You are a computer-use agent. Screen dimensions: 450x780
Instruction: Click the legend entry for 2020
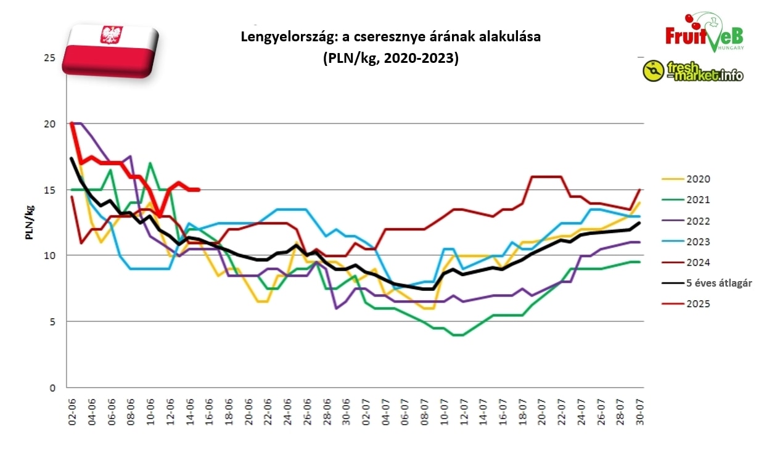click(x=697, y=179)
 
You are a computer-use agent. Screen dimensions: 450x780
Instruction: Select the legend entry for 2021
click(x=697, y=200)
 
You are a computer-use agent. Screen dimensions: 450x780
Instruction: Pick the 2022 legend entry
click(x=697, y=221)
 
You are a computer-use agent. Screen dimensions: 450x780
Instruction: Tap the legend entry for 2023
click(x=697, y=242)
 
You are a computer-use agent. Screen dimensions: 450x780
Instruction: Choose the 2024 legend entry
click(x=697, y=263)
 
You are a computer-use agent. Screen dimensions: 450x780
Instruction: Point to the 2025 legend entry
click(x=697, y=304)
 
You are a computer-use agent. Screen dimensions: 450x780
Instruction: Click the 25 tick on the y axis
click(x=49, y=58)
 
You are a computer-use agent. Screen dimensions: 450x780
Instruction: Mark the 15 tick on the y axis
click(x=49, y=190)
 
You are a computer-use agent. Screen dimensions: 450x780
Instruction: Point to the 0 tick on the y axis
click(x=52, y=388)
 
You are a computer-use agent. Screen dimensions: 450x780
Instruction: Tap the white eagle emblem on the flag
click(x=111, y=35)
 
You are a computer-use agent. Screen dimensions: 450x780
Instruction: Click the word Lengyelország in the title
click(x=281, y=37)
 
